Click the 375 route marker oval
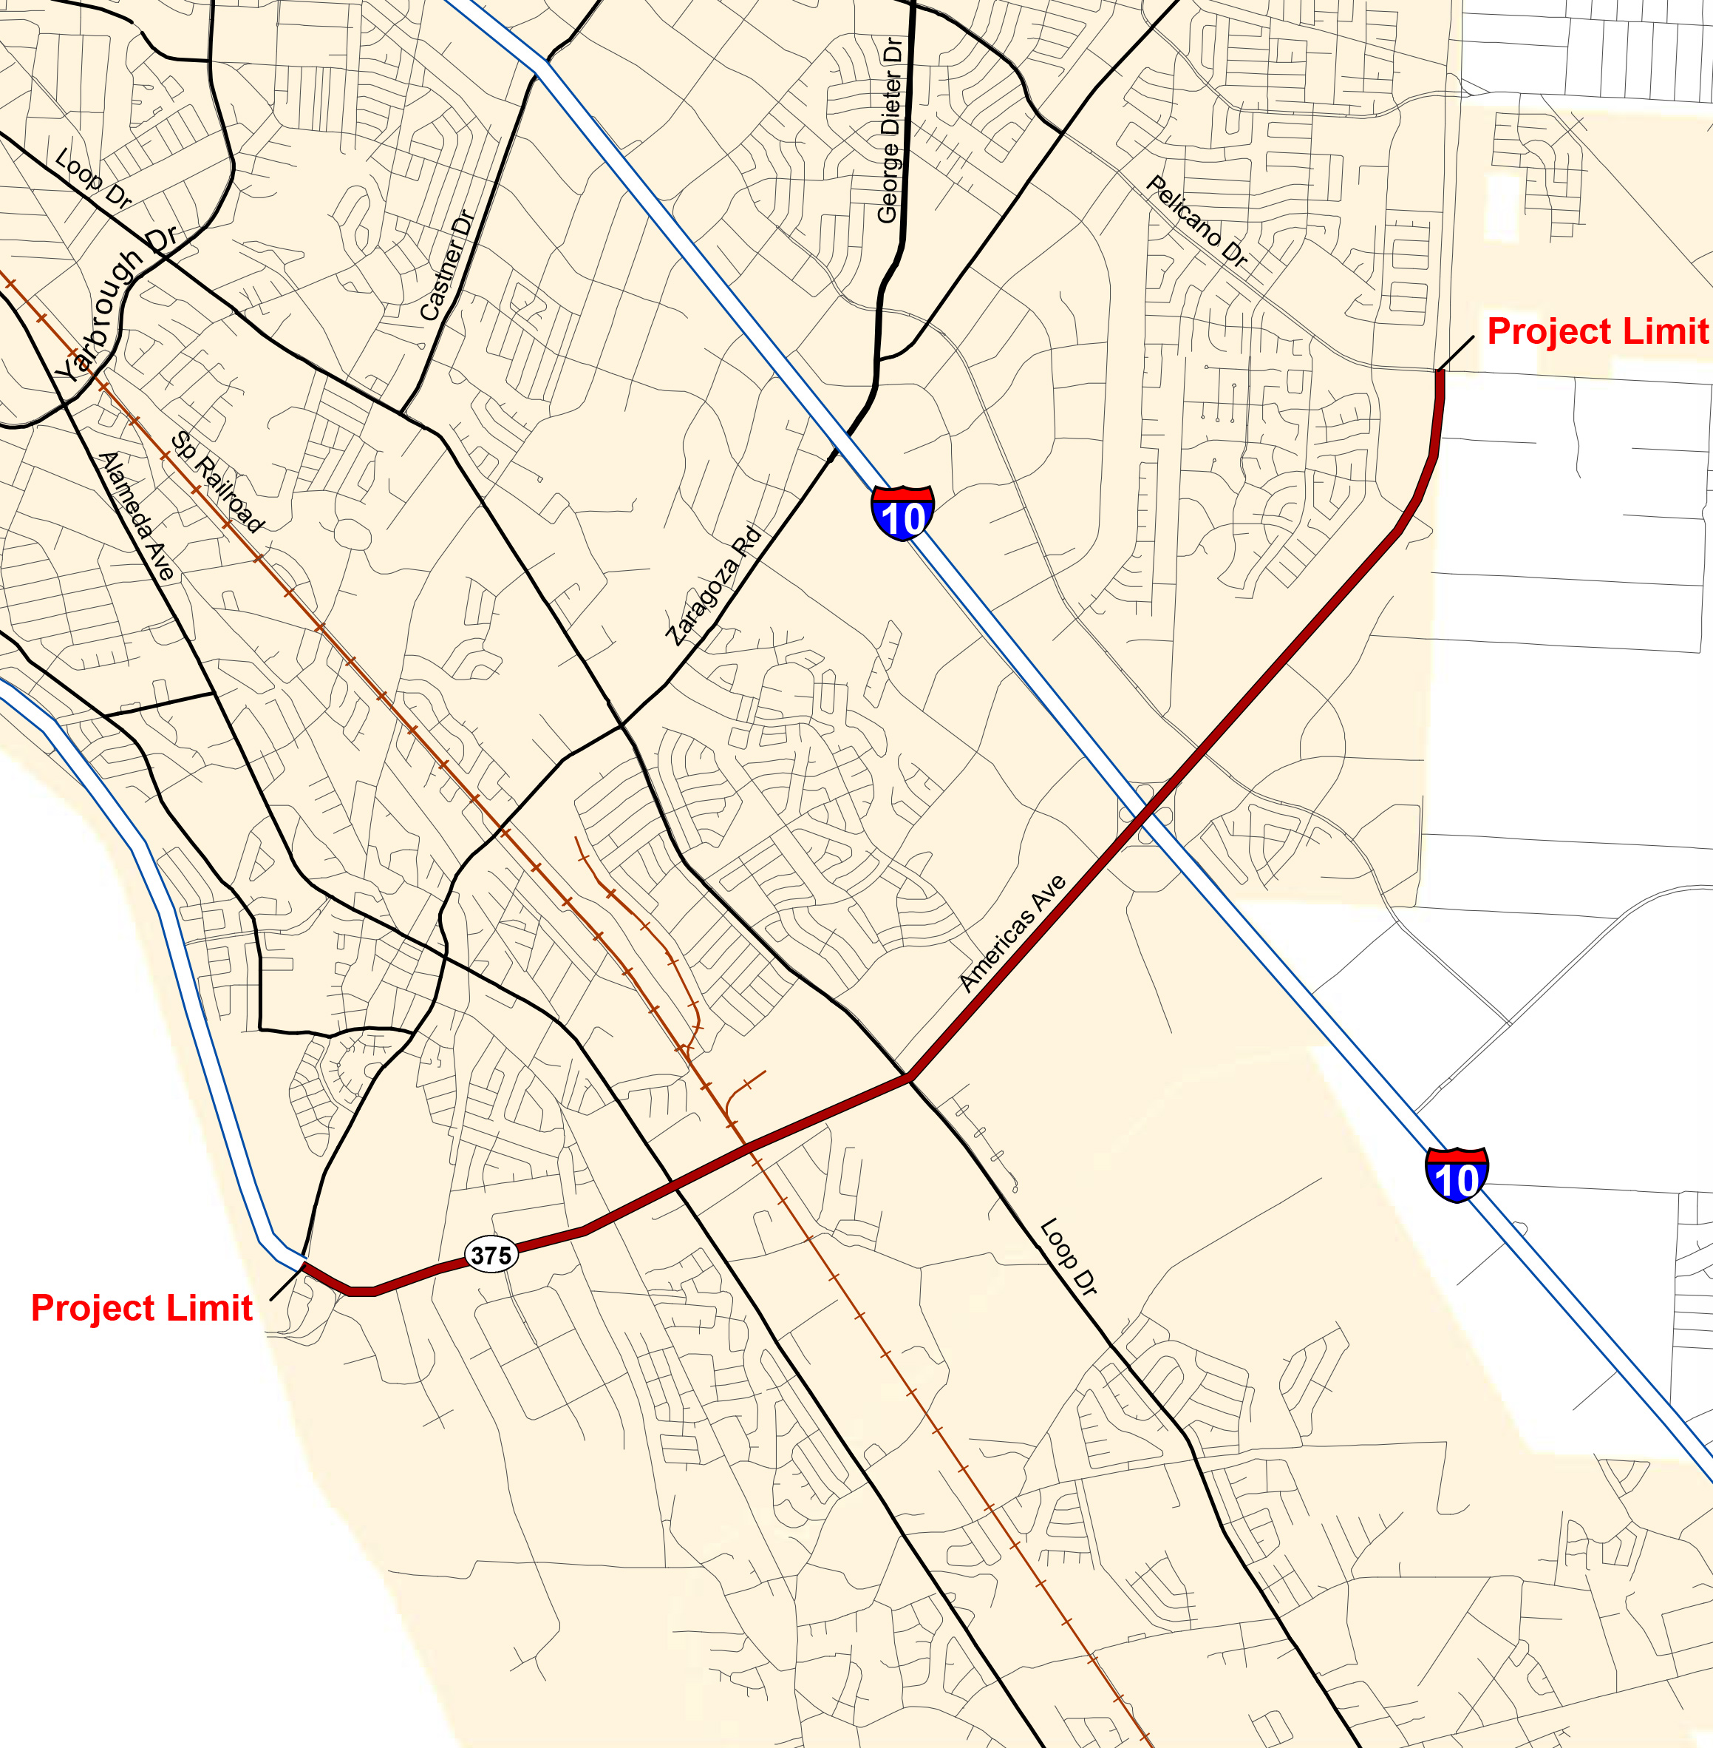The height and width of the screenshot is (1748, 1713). click(x=491, y=1255)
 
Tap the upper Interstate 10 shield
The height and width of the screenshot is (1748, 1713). click(x=902, y=512)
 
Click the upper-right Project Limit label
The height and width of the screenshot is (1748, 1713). click(x=1597, y=331)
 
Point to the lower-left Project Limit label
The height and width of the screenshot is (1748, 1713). click(x=141, y=1308)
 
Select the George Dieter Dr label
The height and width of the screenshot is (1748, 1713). click(x=890, y=131)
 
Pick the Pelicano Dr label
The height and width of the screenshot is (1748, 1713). click(x=1197, y=221)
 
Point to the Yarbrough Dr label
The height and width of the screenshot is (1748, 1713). click(x=115, y=303)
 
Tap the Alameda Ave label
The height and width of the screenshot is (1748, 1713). click(x=136, y=516)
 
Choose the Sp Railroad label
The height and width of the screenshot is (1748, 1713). click(x=218, y=482)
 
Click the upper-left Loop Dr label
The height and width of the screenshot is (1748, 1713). click(x=92, y=178)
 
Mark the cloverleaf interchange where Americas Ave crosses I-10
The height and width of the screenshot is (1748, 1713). click(x=1145, y=816)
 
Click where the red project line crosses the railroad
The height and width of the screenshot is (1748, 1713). click(x=746, y=1146)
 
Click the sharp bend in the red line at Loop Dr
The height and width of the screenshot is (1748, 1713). click(x=910, y=1077)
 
